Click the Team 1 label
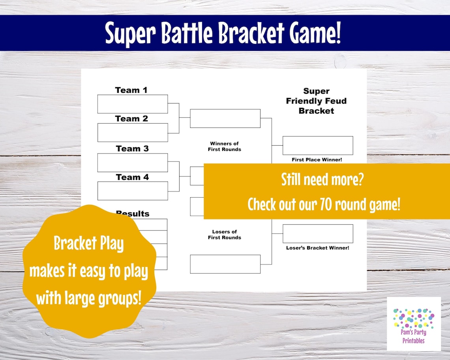click(131, 90)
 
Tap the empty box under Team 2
click(133, 132)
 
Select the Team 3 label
click(132, 148)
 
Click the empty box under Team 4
click(133, 191)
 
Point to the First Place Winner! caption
click(317, 159)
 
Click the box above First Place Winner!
click(318, 145)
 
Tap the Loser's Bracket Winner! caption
click(317, 248)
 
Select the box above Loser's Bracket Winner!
click(318, 234)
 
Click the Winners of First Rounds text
click(224, 146)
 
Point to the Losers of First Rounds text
click(224, 234)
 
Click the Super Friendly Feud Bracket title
click(316, 101)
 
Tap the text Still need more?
click(322, 180)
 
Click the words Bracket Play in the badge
click(88, 244)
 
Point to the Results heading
click(133, 214)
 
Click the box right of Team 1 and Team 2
click(225, 118)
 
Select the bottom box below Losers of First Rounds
click(225, 264)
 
